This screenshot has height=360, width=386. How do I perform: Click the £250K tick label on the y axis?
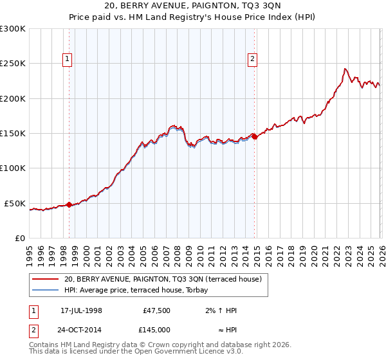(x=13, y=64)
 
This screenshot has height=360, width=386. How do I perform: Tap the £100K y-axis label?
(x=13, y=168)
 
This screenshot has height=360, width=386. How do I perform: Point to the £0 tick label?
(x=19, y=238)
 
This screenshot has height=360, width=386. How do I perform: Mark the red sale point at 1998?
(x=69, y=205)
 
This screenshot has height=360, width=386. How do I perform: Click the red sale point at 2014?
(x=254, y=136)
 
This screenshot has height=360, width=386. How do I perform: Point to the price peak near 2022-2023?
(x=345, y=69)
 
